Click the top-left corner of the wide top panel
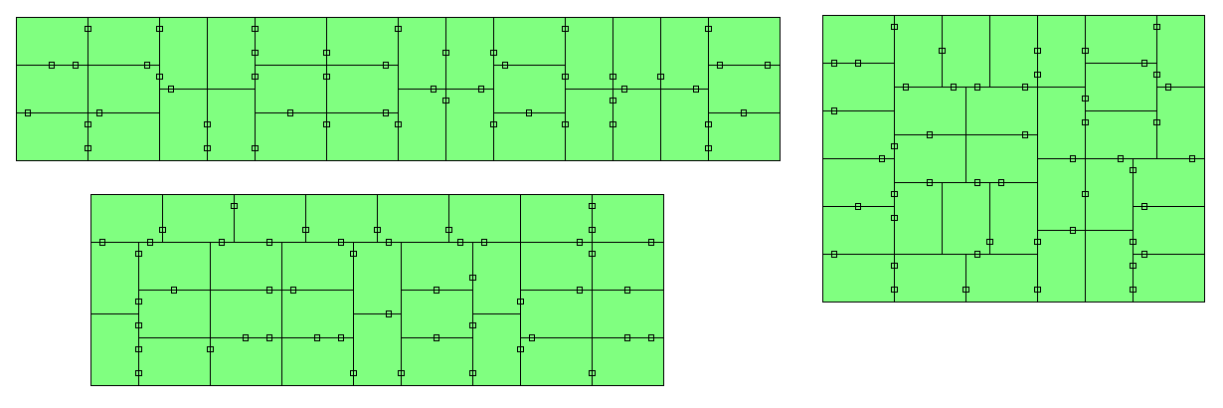[x=16, y=17]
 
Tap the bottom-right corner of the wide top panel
[x=780, y=160]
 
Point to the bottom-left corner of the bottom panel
[x=90, y=385]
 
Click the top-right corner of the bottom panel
[x=663, y=194]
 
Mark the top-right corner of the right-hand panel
[x=1204, y=15]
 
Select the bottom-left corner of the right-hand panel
[x=822, y=302]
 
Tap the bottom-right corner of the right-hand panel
[x=1204, y=302]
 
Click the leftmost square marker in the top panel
[x=28, y=112]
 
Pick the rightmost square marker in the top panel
[x=768, y=65]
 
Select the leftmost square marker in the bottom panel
[x=102, y=242]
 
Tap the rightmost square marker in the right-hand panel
[x=1192, y=158]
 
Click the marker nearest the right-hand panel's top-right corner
[x=1156, y=27]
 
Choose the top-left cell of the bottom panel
[x=126, y=218]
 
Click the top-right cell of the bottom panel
[x=627, y=218]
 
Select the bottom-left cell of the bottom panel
[x=114, y=349]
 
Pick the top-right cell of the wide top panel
[x=744, y=41]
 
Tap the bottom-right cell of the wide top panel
[x=744, y=136]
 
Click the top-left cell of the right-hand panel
[x=858, y=39]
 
